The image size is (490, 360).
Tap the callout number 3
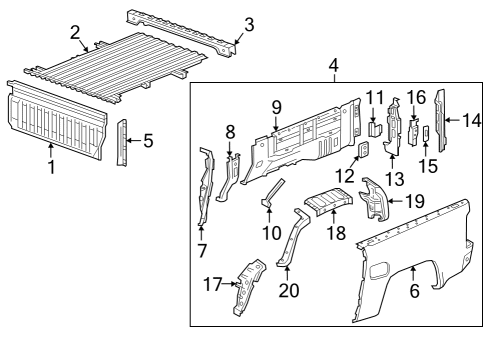pos(249,24)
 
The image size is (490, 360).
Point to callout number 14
pos(472,120)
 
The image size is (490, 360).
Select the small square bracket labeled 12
pos(364,151)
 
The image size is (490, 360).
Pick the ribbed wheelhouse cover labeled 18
pos(329,204)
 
